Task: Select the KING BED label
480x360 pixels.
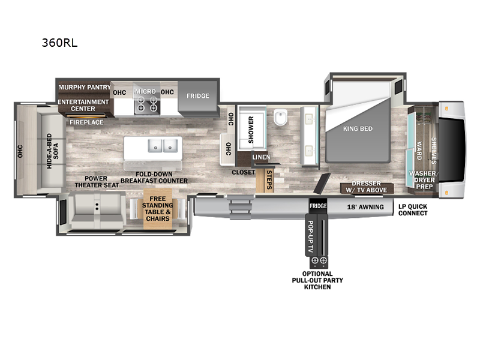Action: point(358,128)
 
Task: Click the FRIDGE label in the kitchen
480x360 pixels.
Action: point(197,95)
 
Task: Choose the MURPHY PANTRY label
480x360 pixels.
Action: point(84,87)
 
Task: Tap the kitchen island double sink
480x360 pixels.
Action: point(163,145)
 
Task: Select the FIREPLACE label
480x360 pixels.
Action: point(86,122)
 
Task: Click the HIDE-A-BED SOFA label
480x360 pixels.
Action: point(53,152)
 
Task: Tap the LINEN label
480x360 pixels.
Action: point(261,157)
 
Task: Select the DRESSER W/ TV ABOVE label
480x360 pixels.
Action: point(366,187)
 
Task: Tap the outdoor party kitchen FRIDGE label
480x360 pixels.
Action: point(317,206)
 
